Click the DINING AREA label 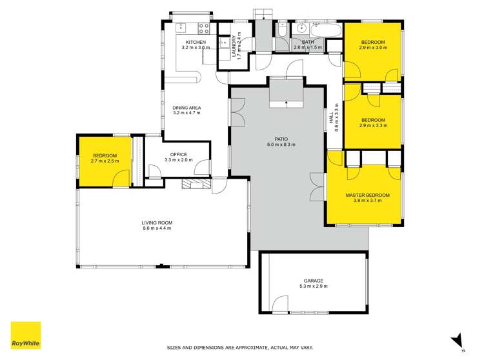tap(187, 107)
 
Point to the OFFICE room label tap(178, 154)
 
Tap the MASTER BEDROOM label tap(368, 195)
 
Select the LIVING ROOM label tap(157, 223)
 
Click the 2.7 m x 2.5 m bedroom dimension tap(104, 162)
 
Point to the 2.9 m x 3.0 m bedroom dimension tap(374, 48)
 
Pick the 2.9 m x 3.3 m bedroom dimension tap(374, 126)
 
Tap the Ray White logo tap(25, 335)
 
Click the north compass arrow tap(459, 339)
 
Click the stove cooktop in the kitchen tap(203, 28)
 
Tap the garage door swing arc tap(279, 303)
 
